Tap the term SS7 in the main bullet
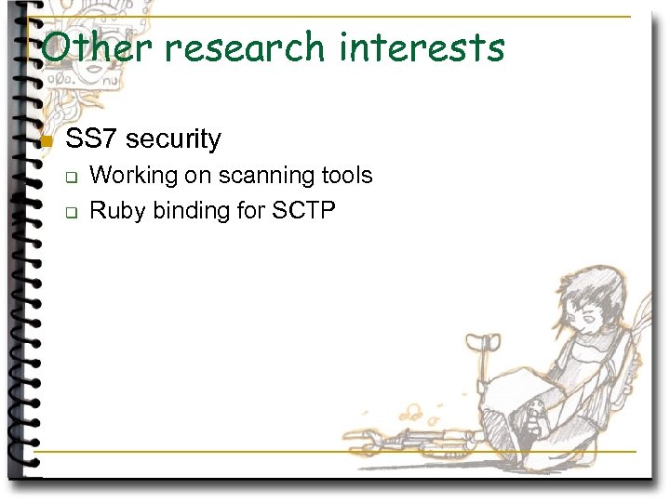coord(91,139)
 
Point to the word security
coord(173,140)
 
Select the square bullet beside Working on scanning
coord(70,177)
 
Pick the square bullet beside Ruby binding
coord(70,212)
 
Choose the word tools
coord(346,176)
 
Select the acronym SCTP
coord(303,211)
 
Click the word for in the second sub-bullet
coord(251,211)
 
